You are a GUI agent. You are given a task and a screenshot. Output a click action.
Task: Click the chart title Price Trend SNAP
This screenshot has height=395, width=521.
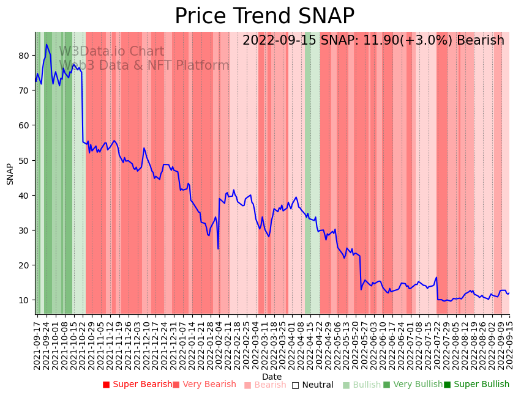(264, 17)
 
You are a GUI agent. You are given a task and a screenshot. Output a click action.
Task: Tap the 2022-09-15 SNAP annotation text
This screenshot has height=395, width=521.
(373, 40)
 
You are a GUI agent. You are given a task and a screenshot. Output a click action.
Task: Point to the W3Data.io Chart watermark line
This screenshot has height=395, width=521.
(111, 51)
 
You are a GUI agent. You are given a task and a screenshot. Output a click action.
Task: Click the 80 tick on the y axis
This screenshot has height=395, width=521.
(25, 56)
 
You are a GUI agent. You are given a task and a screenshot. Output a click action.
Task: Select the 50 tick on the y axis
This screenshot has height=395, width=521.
(25, 160)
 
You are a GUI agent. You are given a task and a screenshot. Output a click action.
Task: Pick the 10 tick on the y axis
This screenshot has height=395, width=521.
(25, 300)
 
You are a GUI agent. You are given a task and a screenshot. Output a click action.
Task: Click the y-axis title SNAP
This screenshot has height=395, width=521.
(10, 174)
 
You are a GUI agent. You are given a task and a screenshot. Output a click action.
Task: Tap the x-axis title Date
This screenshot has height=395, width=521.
(272, 377)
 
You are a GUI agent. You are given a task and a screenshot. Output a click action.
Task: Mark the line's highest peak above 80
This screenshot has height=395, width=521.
(47, 44)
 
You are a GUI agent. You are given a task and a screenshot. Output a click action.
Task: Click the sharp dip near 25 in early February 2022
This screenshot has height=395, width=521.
(218, 248)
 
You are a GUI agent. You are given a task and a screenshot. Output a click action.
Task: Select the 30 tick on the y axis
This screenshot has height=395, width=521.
(25, 231)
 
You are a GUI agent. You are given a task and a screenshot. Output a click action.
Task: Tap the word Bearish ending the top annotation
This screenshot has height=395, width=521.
(482, 40)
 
